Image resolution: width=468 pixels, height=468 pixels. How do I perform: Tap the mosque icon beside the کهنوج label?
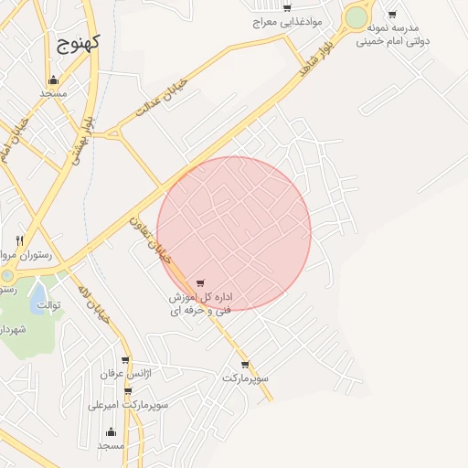pos(54,80)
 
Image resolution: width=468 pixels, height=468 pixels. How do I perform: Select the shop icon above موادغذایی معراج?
pos(287,7)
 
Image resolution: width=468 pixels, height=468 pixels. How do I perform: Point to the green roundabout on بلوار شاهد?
pos(356,17)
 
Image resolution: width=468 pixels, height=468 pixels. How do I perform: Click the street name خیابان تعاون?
pos(150,239)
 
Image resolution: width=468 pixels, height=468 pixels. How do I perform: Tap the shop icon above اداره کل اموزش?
pos(200,283)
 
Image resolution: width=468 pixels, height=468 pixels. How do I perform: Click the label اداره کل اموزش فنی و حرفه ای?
pos(199,304)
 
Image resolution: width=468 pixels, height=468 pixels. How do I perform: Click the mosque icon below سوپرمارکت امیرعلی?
pos(112,431)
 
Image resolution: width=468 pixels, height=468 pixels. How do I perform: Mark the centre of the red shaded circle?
pos(234,233)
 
